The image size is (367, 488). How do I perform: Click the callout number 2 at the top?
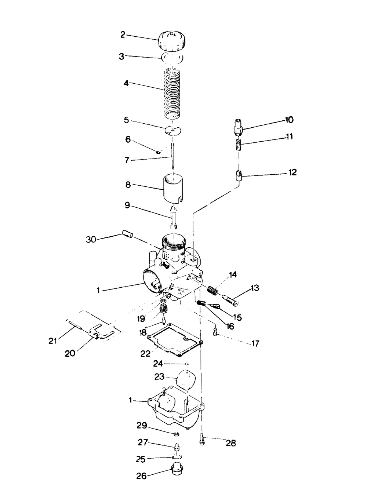[x=123, y=35]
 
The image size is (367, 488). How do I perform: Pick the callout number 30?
[x=91, y=239]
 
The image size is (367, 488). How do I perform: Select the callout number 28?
[x=230, y=443]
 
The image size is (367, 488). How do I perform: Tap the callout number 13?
[x=254, y=288]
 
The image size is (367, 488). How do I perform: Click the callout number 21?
[x=53, y=341]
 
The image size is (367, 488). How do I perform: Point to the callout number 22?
[x=145, y=353]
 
